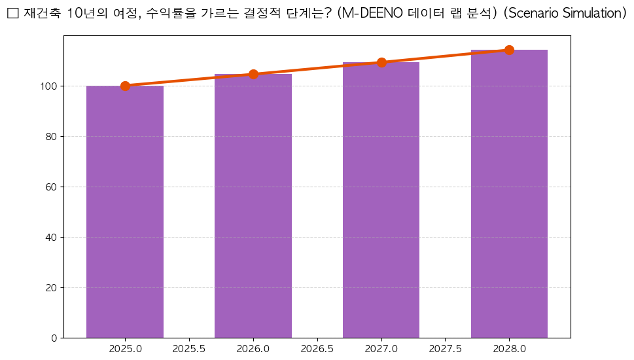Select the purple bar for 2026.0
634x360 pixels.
(253, 206)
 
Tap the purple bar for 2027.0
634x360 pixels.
(381, 200)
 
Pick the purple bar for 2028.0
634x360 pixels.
(509, 194)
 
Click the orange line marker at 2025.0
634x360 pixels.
(125, 86)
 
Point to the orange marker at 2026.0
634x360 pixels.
(253, 74)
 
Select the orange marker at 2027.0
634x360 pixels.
(381, 62)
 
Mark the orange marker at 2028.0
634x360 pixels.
(509, 50)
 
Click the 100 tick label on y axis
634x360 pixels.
(49, 86)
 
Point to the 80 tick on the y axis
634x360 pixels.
(52, 136)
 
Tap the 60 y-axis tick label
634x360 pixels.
(52, 187)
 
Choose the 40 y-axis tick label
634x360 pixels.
(52, 237)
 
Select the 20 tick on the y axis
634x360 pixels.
(52, 287)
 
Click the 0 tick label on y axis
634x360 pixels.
(54, 338)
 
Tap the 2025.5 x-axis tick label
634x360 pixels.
(189, 349)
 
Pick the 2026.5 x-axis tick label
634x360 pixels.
(317, 349)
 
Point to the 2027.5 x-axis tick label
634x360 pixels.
(445, 349)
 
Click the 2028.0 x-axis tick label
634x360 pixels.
(509, 349)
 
